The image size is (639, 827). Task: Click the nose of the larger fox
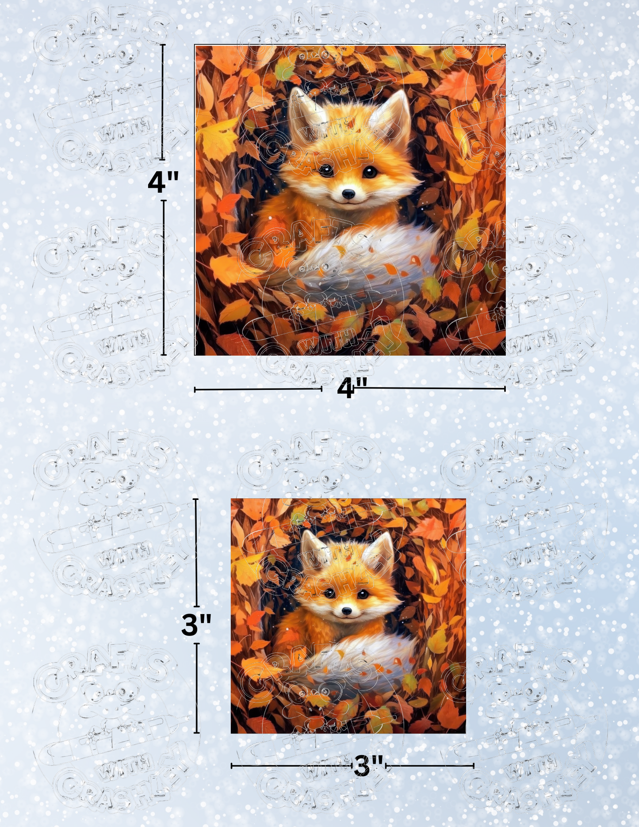(x=348, y=194)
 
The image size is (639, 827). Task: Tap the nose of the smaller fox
(x=347, y=611)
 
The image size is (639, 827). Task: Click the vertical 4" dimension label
(x=163, y=181)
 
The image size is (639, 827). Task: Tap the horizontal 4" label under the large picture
(x=352, y=389)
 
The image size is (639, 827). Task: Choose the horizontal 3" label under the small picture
(x=368, y=766)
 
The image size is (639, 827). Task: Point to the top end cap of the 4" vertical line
(x=163, y=45)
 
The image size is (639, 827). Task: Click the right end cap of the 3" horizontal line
(x=473, y=766)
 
